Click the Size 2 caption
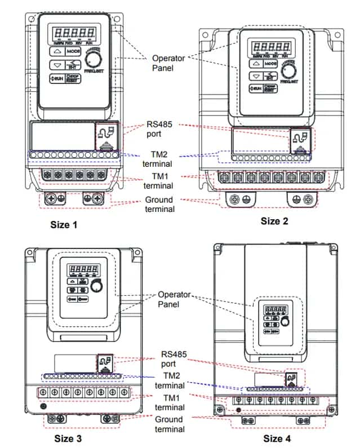[274, 221]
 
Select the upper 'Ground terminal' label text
[159, 204]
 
